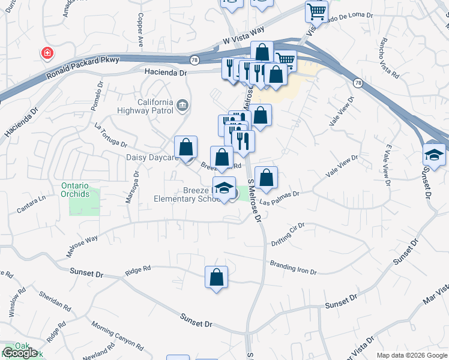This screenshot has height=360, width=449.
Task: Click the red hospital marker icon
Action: (x=46, y=54)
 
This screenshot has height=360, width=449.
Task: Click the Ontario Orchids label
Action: (x=83, y=190)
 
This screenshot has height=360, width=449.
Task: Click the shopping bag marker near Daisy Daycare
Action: (x=186, y=147)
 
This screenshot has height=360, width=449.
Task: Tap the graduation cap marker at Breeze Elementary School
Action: (x=224, y=188)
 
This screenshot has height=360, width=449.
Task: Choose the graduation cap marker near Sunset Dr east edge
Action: (x=434, y=155)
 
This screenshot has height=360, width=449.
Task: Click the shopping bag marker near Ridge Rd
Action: (x=216, y=277)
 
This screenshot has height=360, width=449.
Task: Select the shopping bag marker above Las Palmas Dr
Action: (x=266, y=178)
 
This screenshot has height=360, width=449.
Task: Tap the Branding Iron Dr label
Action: (x=293, y=267)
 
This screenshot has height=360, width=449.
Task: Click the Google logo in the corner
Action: (x=20, y=353)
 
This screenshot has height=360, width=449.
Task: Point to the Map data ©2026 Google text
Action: (x=411, y=355)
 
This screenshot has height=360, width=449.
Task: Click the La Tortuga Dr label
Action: (x=111, y=135)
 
